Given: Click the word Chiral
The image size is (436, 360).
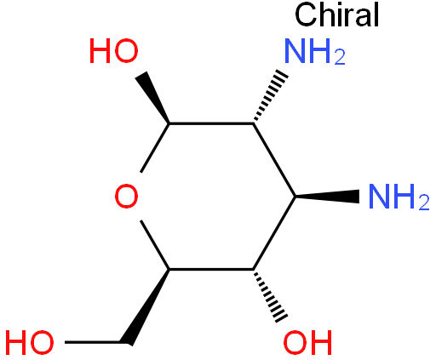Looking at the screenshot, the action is point(336,14).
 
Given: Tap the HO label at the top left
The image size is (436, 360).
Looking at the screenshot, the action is point(114,51).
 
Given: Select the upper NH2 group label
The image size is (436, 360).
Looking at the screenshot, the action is point(315,51).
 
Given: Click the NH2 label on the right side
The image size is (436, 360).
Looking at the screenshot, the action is point(399,197).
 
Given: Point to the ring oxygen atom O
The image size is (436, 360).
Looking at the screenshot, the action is point(127,197).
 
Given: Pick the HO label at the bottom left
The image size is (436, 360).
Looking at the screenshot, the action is point(30,342).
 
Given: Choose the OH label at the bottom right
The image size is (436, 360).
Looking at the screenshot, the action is point(308,342).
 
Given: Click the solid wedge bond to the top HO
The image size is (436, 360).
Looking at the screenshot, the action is point(153,98).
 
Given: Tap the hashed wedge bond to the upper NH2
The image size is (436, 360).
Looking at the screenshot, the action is point(270,96).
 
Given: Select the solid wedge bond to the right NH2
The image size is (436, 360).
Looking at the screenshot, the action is point(327,197).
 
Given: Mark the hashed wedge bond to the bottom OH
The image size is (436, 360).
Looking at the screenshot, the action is point(270,295).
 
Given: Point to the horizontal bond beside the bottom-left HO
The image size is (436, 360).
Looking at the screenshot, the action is point(96,342).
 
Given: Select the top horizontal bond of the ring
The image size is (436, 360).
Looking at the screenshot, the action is point(211,123).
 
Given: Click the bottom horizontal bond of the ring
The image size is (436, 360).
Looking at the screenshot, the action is point(211,269).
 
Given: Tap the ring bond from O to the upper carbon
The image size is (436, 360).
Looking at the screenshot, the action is point(155,147).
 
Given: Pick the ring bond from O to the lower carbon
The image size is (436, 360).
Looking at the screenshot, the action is point(155,244).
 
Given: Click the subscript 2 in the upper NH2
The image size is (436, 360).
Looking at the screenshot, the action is point(340,57).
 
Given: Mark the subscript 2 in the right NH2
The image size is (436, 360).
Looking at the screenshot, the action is point(424,202).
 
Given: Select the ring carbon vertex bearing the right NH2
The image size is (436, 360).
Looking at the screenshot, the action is point(295,197).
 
